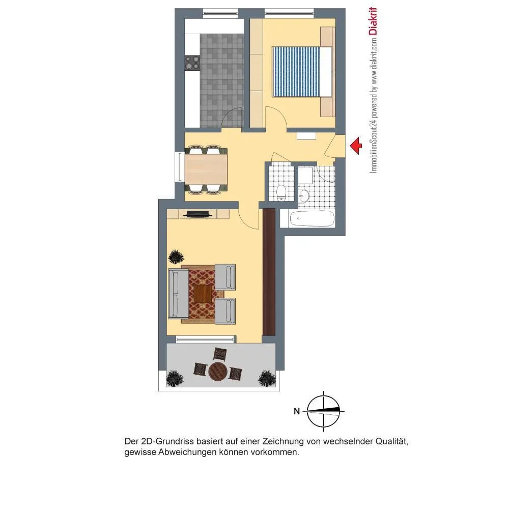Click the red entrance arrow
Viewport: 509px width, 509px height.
[x=356, y=146]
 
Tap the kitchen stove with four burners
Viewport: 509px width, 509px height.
[x=192, y=63]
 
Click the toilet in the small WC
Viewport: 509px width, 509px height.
[x=280, y=192]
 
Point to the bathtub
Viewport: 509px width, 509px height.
[x=312, y=219]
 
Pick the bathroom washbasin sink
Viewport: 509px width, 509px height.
[x=304, y=195]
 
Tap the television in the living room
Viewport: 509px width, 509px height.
[x=197, y=214]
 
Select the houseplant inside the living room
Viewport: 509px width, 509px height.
[x=176, y=257]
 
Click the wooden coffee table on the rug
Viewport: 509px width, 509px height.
[x=202, y=293]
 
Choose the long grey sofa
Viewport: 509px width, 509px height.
[x=178, y=294]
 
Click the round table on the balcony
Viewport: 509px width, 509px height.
[x=218, y=372]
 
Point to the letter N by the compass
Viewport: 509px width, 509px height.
[x=297, y=411]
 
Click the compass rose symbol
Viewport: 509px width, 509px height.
[x=324, y=411]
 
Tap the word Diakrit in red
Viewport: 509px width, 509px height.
[x=373, y=21]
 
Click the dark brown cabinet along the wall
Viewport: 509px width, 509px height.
[x=269, y=272]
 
